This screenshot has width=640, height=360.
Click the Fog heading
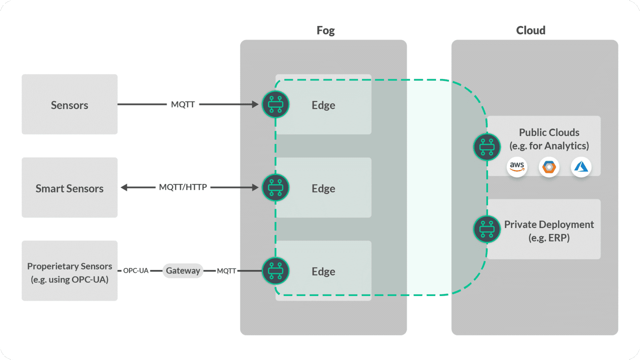325,30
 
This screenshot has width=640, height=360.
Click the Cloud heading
530,30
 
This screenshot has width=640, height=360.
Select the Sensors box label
69,105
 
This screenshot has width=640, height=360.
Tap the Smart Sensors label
69,188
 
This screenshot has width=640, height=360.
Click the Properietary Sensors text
69,266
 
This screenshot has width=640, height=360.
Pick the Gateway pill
183,271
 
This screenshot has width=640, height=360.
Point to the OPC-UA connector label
136,271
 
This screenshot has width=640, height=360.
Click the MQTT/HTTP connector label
183,187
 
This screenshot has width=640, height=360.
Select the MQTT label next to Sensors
183,104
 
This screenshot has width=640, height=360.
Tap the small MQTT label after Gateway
226,271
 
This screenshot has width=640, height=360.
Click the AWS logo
517,166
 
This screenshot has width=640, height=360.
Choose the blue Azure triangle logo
581,166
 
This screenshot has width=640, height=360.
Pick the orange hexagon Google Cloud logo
549,166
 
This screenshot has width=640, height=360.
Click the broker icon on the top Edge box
276,104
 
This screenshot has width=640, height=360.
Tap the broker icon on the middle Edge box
276,188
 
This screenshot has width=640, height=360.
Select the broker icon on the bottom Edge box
276,271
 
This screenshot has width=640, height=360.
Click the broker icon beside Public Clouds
487,147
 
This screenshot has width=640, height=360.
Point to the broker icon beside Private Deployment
487,229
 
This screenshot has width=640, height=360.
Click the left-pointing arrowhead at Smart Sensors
124,187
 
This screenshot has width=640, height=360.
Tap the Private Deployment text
549,224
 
